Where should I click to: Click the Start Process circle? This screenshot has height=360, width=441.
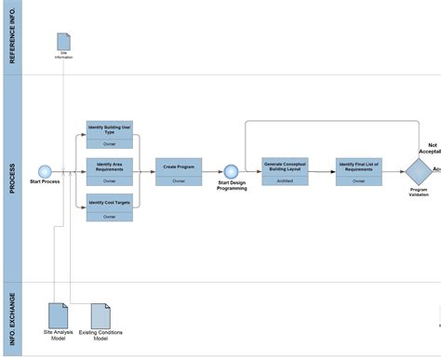click(x=44, y=171)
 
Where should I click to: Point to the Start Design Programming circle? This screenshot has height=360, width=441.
click(x=231, y=171)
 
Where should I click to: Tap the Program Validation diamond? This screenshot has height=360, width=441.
click(x=419, y=171)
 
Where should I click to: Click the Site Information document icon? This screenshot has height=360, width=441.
click(x=63, y=42)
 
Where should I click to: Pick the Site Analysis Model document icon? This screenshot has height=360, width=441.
click(x=58, y=314)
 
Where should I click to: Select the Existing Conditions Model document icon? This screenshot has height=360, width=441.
click(x=100, y=314)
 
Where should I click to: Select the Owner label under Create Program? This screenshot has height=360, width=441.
click(x=179, y=182)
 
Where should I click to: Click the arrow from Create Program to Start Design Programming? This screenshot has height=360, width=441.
click(x=212, y=171)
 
